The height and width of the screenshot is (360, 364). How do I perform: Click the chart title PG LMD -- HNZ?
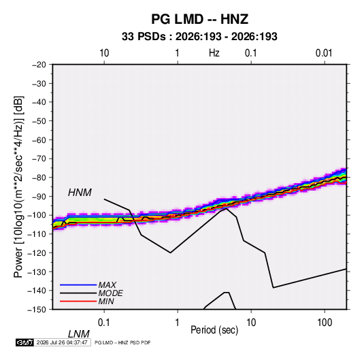(x=200, y=19)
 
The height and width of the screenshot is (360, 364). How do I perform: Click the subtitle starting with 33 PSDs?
(x=199, y=37)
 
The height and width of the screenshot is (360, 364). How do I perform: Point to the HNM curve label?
(x=80, y=193)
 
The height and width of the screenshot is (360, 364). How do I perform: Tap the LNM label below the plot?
(x=79, y=334)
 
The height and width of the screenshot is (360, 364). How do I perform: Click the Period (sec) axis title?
(x=214, y=330)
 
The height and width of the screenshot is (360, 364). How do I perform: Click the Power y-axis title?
(x=18, y=187)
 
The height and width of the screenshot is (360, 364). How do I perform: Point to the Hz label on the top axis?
(x=214, y=53)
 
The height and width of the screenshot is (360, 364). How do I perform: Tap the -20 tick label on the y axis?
(x=39, y=65)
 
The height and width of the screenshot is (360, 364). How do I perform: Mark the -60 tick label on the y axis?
(x=39, y=140)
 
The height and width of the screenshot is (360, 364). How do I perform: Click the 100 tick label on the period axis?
(x=325, y=323)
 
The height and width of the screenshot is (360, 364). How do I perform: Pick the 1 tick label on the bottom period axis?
(x=178, y=323)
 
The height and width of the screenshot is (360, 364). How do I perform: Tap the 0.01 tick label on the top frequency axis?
(x=324, y=53)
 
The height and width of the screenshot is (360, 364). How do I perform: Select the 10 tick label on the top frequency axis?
(x=104, y=53)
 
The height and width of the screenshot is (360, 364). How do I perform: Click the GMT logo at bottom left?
(x=25, y=342)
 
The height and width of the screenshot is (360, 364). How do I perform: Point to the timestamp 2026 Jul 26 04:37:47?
(x=62, y=342)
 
